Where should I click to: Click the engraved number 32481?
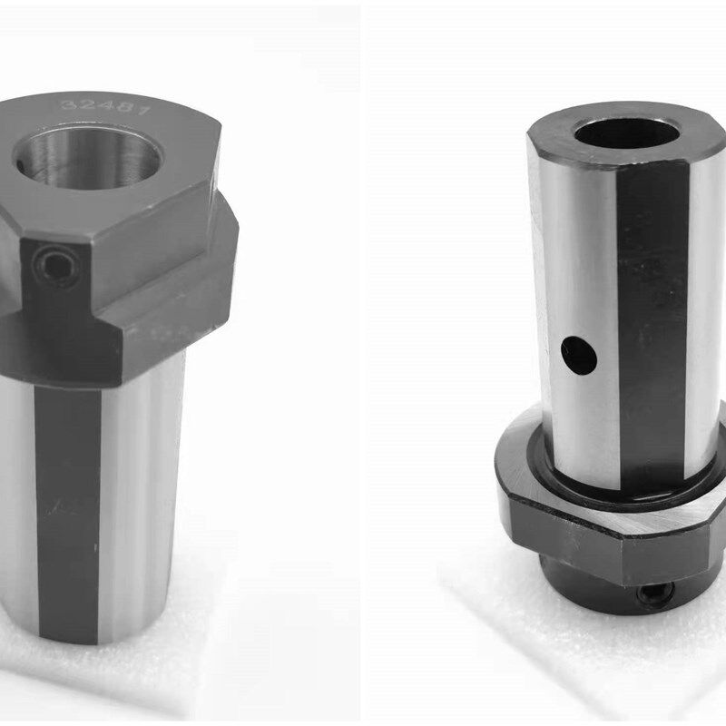point(106,107)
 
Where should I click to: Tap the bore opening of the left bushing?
point(87,157)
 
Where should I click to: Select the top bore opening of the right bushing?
point(627,133)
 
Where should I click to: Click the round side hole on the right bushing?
point(579,356)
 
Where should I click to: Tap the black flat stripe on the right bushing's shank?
point(652,324)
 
